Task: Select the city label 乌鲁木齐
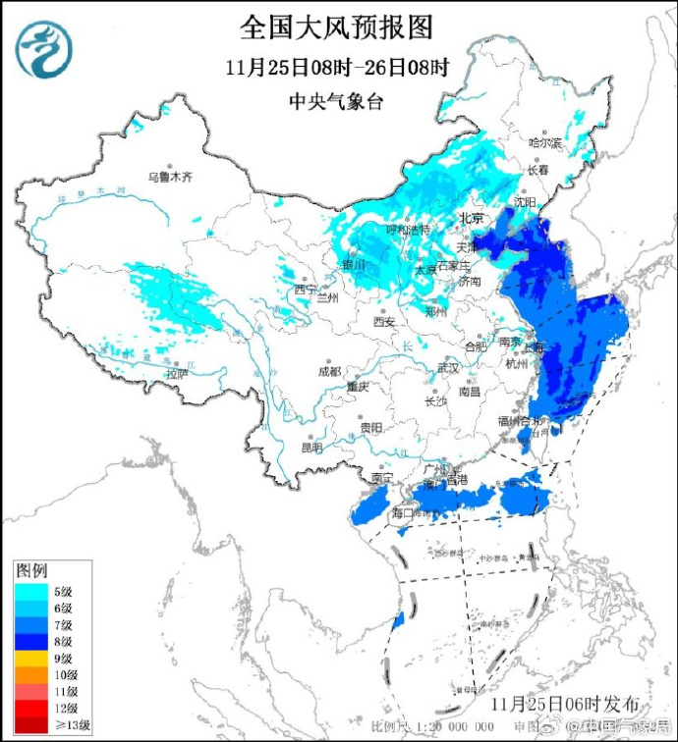171,178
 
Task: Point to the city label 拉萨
176,374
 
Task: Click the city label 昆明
311,448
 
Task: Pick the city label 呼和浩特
380,230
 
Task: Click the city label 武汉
447,367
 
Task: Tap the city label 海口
404,512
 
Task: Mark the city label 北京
473,218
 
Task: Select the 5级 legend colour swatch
30,591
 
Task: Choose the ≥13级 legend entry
49,724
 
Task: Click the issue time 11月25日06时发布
565,704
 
